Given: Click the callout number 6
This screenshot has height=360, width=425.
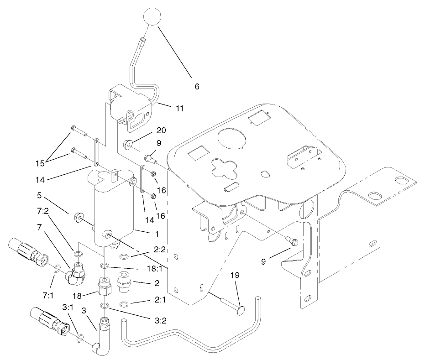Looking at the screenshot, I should tap(197, 86).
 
